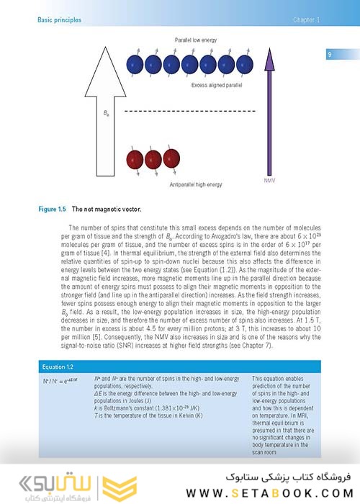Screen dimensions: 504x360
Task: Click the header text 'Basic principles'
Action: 59,19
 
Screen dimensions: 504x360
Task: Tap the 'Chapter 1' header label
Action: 307,19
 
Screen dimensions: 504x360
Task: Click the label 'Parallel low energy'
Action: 195,40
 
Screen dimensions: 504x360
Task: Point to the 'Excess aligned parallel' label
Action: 217,85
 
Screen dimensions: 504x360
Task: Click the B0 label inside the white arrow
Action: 107,113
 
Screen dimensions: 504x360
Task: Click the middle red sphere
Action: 153,159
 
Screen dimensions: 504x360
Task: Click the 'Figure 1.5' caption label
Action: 52,209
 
